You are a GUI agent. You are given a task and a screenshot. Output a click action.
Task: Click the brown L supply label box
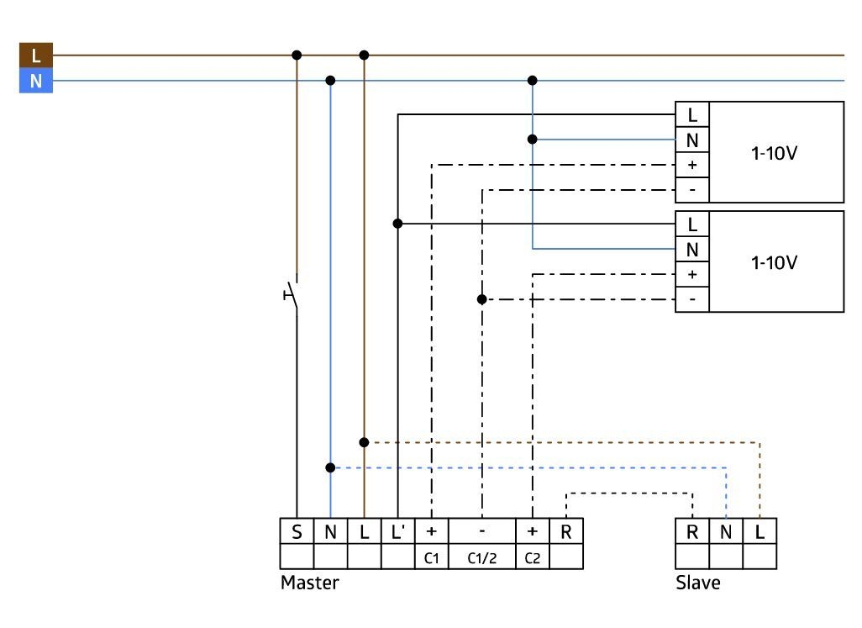[36, 55]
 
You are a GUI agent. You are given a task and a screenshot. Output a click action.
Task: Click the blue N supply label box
[36, 81]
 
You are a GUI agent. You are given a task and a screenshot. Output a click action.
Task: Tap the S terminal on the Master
[297, 532]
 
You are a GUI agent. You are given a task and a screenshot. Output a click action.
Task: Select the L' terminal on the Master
[397, 532]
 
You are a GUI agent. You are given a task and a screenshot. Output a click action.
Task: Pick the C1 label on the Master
[432, 558]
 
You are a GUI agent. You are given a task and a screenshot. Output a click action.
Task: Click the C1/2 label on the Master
[482, 558]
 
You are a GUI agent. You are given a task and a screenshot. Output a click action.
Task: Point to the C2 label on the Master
[532, 558]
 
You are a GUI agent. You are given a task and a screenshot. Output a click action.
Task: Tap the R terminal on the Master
[566, 532]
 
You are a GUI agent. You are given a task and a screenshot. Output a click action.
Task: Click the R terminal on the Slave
[692, 532]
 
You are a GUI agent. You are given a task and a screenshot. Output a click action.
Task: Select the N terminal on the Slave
[726, 532]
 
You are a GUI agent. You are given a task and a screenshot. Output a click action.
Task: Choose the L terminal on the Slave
[760, 532]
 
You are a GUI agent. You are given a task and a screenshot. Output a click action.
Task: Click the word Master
[309, 583]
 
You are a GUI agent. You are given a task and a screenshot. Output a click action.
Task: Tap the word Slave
[697, 583]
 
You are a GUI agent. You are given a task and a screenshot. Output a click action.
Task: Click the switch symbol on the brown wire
[292, 295]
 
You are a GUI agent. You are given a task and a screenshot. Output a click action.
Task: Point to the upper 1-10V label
[774, 153]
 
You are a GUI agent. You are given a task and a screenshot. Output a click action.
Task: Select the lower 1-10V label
[774, 262]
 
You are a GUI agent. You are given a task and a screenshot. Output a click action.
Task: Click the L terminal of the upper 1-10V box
[692, 115]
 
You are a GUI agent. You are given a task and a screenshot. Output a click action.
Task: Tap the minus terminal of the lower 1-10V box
[692, 299]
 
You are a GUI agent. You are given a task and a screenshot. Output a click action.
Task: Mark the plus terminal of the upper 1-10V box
[692, 165]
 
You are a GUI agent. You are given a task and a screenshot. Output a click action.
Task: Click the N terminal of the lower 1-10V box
[692, 250]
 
